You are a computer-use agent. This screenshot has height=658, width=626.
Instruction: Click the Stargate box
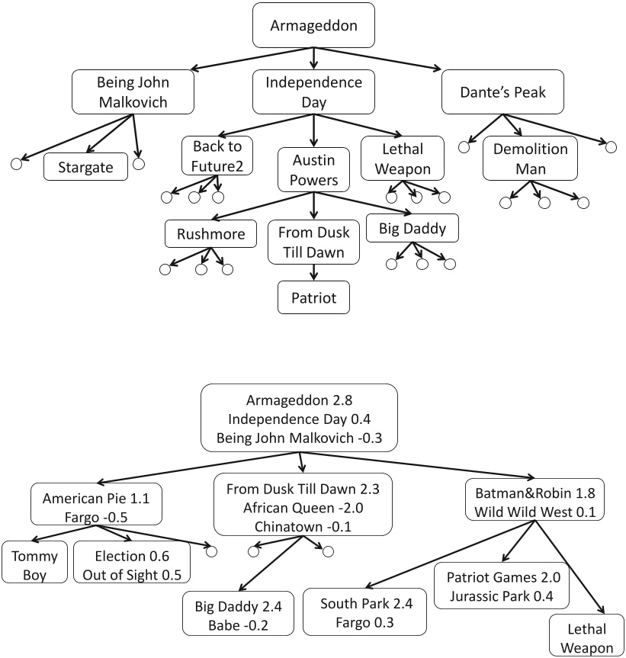(x=85, y=167)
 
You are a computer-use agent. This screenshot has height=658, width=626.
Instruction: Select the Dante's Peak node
(x=502, y=92)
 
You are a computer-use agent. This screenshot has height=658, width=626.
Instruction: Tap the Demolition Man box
(x=531, y=159)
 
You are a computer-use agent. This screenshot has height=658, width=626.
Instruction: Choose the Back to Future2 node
(x=217, y=156)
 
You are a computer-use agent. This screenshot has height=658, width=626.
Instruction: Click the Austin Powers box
(x=313, y=169)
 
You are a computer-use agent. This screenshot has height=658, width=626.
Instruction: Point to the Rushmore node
(x=210, y=234)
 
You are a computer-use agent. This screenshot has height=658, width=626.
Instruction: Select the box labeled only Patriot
(x=313, y=297)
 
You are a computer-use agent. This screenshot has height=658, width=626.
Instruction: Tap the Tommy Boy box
(x=34, y=565)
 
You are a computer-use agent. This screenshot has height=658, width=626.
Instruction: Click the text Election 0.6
(x=132, y=556)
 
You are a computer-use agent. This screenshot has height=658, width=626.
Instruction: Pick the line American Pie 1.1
(x=96, y=498)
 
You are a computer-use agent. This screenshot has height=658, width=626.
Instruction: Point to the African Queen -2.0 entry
(x=303, y=508)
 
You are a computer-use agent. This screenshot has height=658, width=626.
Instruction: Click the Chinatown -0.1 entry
(x=303, y=526)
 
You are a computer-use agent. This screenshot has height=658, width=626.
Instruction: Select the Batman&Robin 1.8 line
(x=535, y=493)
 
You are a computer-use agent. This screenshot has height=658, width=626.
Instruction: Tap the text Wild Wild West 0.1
(x=535, y=512)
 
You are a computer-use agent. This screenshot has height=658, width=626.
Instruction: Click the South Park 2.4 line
(x=366, y=603)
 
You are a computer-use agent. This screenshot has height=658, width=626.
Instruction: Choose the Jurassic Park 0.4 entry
(x=502, y=596)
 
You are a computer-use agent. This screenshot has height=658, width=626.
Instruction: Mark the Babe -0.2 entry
(x=238, y=625)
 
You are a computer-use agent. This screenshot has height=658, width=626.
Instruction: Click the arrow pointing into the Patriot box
(x=314, y=272)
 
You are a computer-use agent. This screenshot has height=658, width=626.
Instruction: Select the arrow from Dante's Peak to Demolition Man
(x=512, y=125)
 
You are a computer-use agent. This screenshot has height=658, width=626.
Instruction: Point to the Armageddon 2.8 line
(x=299, y=400)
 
